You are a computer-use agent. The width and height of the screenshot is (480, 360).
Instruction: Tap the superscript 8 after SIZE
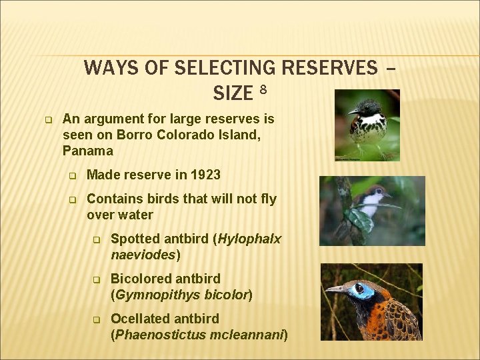coord(263,89)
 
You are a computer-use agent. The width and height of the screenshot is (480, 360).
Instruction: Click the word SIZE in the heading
coord(233,93)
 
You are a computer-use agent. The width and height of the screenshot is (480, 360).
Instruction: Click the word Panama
coord(88,151)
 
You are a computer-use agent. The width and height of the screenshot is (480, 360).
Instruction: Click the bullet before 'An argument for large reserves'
coord(48,120)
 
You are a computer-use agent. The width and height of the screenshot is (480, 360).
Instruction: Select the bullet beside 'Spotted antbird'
coord(97,239)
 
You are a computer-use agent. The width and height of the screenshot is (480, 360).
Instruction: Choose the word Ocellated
coord(142,319)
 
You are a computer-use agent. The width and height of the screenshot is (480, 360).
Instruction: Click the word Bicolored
coord(142,279)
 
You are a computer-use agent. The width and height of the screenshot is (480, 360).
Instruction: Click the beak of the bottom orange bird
coord(334,289)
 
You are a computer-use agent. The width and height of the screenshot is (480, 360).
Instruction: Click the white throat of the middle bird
coord(370,199)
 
